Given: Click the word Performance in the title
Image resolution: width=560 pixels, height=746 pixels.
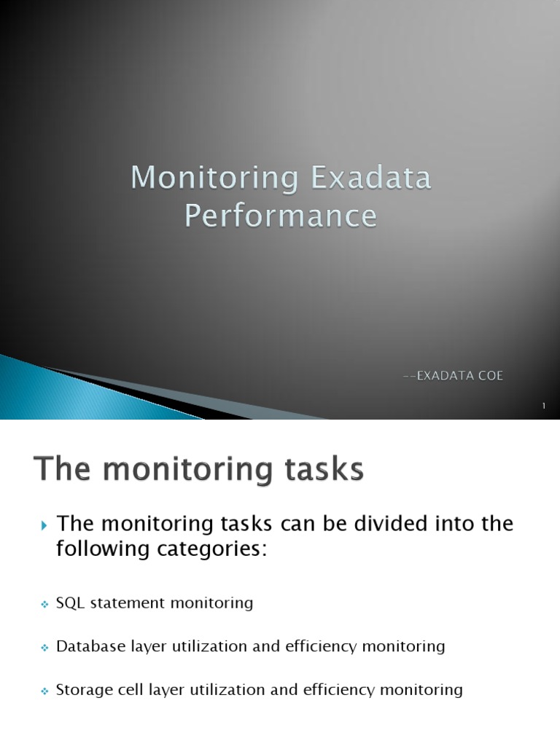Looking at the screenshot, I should (281, 216).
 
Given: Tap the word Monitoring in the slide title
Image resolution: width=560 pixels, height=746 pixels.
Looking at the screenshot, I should (215, 179).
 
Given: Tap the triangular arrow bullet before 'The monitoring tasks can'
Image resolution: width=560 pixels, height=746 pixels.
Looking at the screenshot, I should (43, 525).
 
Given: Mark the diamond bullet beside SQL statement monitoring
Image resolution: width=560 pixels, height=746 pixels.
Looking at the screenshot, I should (43, 604).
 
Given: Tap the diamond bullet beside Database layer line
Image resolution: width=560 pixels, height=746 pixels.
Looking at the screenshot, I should (43, 648).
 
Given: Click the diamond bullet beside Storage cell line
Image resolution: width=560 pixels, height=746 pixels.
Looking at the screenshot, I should (43, 691).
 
